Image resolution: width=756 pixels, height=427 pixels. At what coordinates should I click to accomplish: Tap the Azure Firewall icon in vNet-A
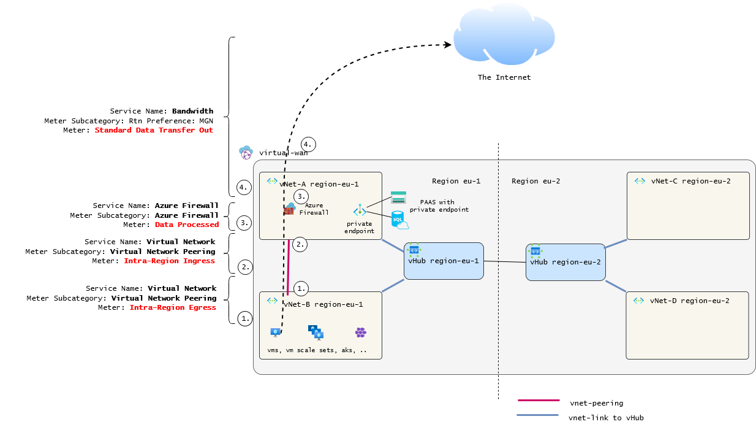coord(289,209)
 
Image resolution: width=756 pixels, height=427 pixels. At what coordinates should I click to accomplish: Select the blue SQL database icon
coord(399,220)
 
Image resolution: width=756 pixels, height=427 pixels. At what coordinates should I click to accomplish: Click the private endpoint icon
coord(360,212)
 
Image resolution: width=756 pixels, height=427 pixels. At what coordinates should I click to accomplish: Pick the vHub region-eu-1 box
coord(444,261)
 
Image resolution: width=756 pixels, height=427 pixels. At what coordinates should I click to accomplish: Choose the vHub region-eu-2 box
coord(565,262)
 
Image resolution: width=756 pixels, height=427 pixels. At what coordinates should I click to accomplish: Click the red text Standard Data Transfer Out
coord(154,130)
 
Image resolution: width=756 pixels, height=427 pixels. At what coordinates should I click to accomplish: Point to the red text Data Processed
coord(187,225)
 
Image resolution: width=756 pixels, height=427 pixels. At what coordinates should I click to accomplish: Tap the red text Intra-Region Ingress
coord(169,261)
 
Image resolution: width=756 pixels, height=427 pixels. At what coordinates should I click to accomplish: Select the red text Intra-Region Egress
coord(173,307)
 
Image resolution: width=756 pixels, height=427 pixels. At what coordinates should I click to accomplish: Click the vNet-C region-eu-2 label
coord(690,181)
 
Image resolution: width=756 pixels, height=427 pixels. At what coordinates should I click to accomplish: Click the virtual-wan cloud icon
coord(246,152)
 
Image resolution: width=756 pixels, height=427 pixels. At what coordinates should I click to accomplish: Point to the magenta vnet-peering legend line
coord(539,401)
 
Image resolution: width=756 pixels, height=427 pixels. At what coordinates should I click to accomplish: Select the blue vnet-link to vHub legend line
coord(537,415)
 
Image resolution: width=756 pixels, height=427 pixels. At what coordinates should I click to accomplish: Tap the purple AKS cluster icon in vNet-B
coord(361,333)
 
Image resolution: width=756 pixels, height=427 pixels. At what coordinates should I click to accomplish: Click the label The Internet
coord(504,77)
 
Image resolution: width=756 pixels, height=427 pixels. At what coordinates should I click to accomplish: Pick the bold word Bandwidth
coord(192,111)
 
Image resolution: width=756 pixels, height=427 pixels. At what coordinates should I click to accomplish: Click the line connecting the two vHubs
coord(505,262)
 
